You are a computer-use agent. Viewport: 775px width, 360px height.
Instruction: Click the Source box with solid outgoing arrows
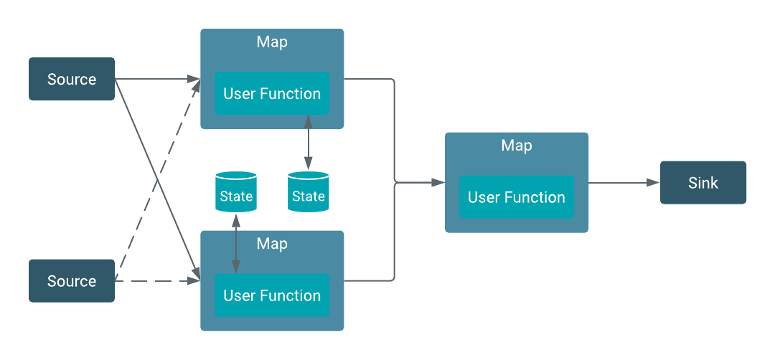pos(71,79)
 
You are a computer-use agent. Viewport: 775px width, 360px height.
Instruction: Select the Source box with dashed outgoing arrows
pos(71,281)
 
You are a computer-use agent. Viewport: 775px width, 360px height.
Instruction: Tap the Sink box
pos(703,182)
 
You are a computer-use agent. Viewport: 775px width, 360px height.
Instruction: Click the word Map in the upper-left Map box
pos(272,42)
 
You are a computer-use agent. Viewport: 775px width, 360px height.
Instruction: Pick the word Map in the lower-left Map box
pos(272,244)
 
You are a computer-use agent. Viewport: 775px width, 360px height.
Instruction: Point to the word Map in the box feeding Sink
pos(516,146)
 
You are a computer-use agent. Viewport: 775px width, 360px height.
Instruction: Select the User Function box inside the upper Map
pos(272,93)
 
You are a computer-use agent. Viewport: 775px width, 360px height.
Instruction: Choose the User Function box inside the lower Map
pos(272,295)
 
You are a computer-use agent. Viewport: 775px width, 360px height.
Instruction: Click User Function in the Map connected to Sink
pos(516,197)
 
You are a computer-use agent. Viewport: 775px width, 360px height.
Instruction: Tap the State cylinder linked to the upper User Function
pos(308,191)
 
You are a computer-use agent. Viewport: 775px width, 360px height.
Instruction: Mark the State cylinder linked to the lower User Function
pos(236,191)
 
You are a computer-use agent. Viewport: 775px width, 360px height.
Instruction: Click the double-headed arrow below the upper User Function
pos(308,143)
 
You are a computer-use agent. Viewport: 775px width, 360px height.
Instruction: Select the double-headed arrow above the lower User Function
pos(236,243)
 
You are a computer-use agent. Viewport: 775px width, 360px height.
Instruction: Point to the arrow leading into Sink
pos(624,183)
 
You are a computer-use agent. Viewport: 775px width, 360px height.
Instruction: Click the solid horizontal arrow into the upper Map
pos(158,79)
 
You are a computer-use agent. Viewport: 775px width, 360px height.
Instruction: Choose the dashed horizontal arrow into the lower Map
pos(158,281)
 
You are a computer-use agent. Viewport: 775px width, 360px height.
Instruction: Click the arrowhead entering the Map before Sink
pos(438,183)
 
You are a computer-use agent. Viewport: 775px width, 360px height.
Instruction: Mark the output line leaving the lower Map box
pos(370,280)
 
